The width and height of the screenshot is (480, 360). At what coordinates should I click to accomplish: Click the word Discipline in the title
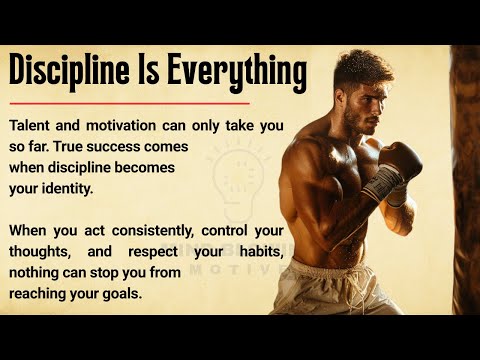click(x=72, y=72)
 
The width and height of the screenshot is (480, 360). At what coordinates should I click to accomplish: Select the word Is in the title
click(x=157, y=72)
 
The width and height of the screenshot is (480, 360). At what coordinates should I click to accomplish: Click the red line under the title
click(x=128, y=102)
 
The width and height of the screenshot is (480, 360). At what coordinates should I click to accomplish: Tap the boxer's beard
click(x=356, y=122)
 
